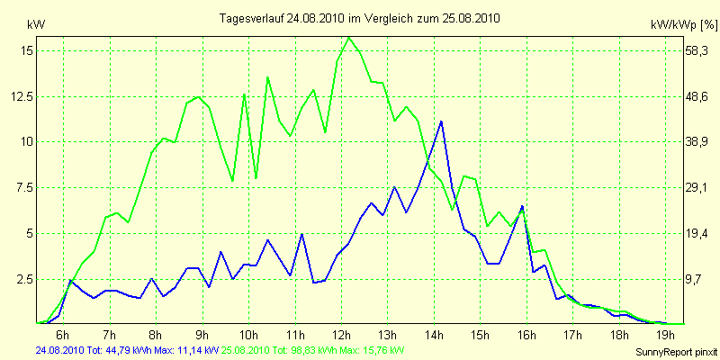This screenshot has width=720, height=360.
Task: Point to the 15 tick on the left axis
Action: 26,51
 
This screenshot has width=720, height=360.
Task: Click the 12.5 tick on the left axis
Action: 22,96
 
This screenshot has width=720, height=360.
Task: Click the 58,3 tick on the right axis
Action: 697,51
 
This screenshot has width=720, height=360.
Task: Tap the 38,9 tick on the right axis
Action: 697,142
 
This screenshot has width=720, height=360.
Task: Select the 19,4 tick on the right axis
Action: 697,233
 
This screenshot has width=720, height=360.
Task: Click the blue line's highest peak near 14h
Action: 441,121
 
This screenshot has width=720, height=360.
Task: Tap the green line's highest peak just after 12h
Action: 348,38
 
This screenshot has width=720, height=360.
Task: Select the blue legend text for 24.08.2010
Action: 126,350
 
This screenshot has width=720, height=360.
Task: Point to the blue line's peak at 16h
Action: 522,206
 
